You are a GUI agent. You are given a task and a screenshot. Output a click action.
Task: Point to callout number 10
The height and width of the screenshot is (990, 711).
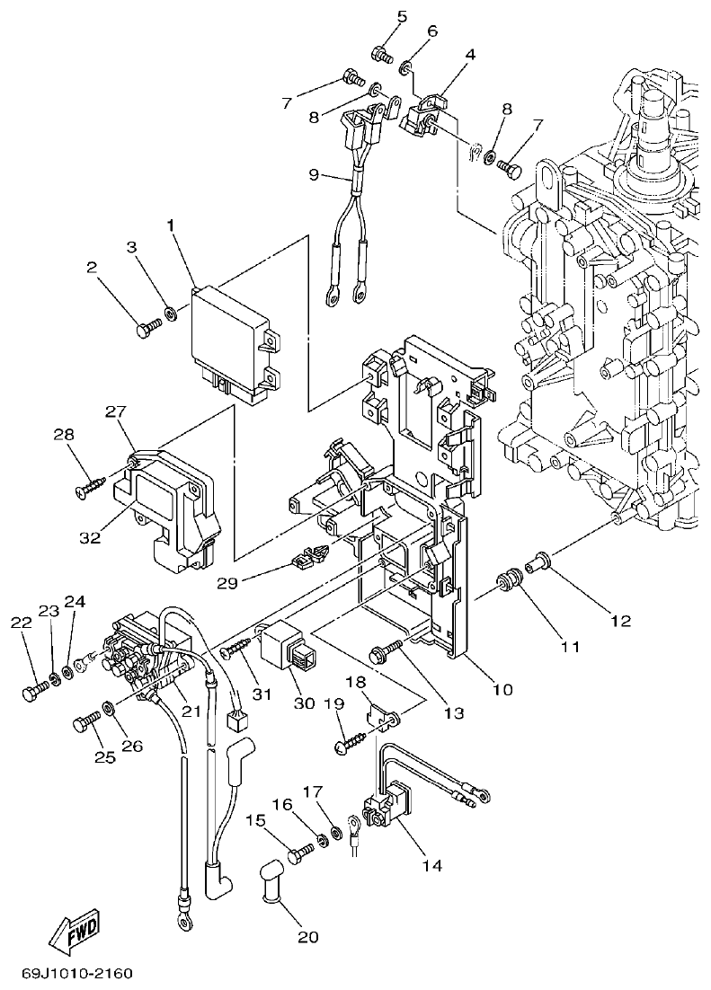pyautogui.click(x=502, y=690)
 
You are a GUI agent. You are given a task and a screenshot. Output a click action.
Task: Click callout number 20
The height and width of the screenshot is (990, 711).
pyautogui.click(x=308, y=938)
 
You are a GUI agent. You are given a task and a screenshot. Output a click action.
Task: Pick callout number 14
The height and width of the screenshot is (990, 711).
pyautogui.click(x=431, y=866)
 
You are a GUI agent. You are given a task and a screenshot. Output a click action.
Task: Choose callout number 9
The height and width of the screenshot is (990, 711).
pyautogui.click(x=313, y=174)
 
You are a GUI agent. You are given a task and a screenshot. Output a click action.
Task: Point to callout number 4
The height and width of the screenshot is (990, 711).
pyautogui.click(x=470, y=54)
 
